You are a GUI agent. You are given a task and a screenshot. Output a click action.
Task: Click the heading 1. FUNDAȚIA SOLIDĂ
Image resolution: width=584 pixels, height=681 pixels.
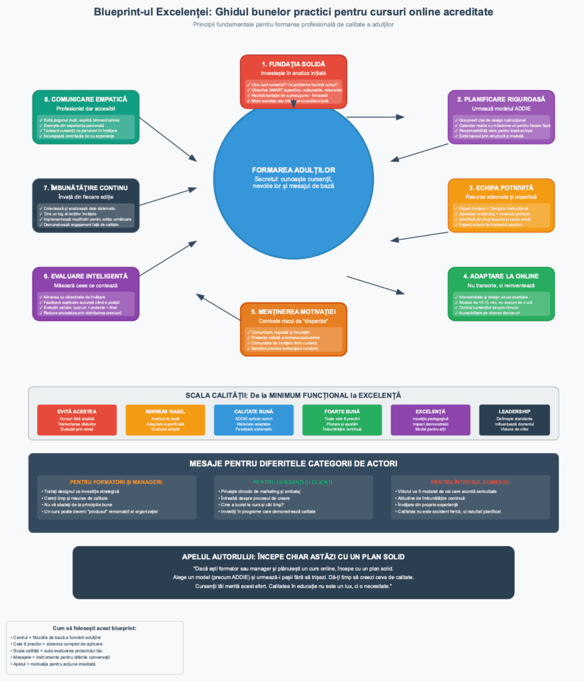(293, 63)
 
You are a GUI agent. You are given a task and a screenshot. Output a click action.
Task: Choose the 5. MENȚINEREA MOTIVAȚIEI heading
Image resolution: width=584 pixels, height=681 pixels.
(293, 311)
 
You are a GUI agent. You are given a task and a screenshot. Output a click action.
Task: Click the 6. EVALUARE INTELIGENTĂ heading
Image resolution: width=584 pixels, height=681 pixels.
(86, 276)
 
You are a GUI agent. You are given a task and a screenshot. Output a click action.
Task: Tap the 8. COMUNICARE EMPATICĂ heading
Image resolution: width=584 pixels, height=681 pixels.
(86, 99)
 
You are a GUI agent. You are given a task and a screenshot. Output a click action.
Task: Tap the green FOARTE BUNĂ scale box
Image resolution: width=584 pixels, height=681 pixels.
(343, 421)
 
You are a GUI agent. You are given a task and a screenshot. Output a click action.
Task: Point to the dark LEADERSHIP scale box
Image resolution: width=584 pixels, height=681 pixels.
(515, 421)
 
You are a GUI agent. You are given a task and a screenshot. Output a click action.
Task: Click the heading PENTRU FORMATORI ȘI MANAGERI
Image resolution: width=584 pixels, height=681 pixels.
(116, 481)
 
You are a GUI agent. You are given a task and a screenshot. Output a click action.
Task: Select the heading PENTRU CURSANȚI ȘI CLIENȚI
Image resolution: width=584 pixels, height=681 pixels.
(293, 481)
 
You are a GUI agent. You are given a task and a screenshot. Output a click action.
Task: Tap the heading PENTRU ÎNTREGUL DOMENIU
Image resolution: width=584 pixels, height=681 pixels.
(470, 481)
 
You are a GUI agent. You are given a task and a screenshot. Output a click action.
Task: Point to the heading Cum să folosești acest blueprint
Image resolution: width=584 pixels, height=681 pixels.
(94, 628)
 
